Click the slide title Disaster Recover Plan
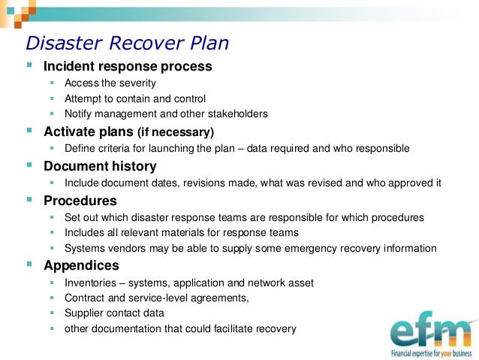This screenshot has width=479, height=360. tap(127, 43)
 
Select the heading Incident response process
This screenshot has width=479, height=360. tap(128, 66)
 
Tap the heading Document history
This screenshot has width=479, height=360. tap(100, 166)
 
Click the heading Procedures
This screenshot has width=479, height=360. tap(80, 201)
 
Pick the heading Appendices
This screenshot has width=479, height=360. tap(81, 265)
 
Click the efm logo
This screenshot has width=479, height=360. tap(431, 331)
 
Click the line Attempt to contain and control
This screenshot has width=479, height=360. tap(135, 98)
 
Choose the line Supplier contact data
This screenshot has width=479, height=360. tap(115, 313)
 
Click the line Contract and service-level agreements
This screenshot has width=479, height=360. tap(155, 298)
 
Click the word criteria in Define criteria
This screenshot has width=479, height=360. tap(114, 148)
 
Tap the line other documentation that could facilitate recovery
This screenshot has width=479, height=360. tap(180, 328)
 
